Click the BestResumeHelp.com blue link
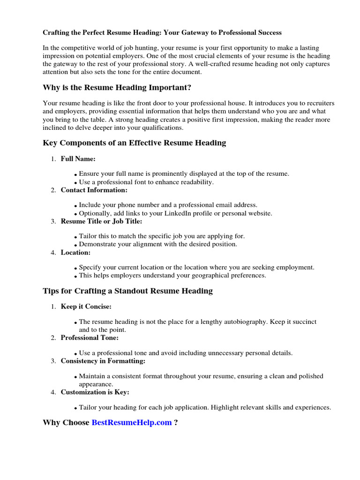coord(132,423)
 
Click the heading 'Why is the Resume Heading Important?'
coord(117,88)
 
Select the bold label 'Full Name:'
coord(78,159)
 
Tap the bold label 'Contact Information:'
coord(94,190)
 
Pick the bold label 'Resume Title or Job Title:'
coord(101,221)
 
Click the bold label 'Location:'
coord(75,252)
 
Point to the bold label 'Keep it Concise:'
coord(86,307)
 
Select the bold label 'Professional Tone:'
coord(90,337)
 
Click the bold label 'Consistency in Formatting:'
coord(103,361)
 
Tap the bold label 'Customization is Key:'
coord(95,392)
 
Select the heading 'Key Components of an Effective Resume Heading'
coord(134,143)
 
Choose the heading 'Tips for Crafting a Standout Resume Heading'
coord(127,291)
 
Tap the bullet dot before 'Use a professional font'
coord(76,183)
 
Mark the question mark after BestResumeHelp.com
coord(176,423)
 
